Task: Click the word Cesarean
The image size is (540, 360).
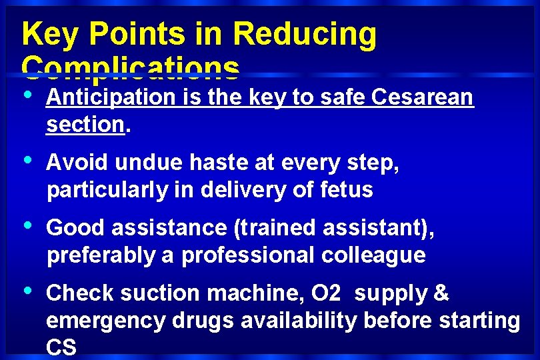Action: [x=423, y=98]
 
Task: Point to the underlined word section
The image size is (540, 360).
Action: [x=85, y=124]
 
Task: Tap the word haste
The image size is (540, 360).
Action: [x=213, y=163]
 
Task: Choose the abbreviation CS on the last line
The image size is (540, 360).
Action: [x=61, y=347]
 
